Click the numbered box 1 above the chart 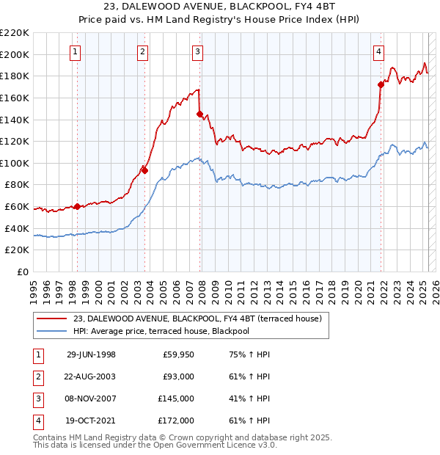(76, 51)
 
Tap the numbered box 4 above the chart (378, 51)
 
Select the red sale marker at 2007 (199, 114)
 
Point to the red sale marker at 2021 (381, 84)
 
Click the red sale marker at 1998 (78, 206)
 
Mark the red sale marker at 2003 (144, 170)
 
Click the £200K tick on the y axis (15, 54)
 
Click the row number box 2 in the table (37, 376)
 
